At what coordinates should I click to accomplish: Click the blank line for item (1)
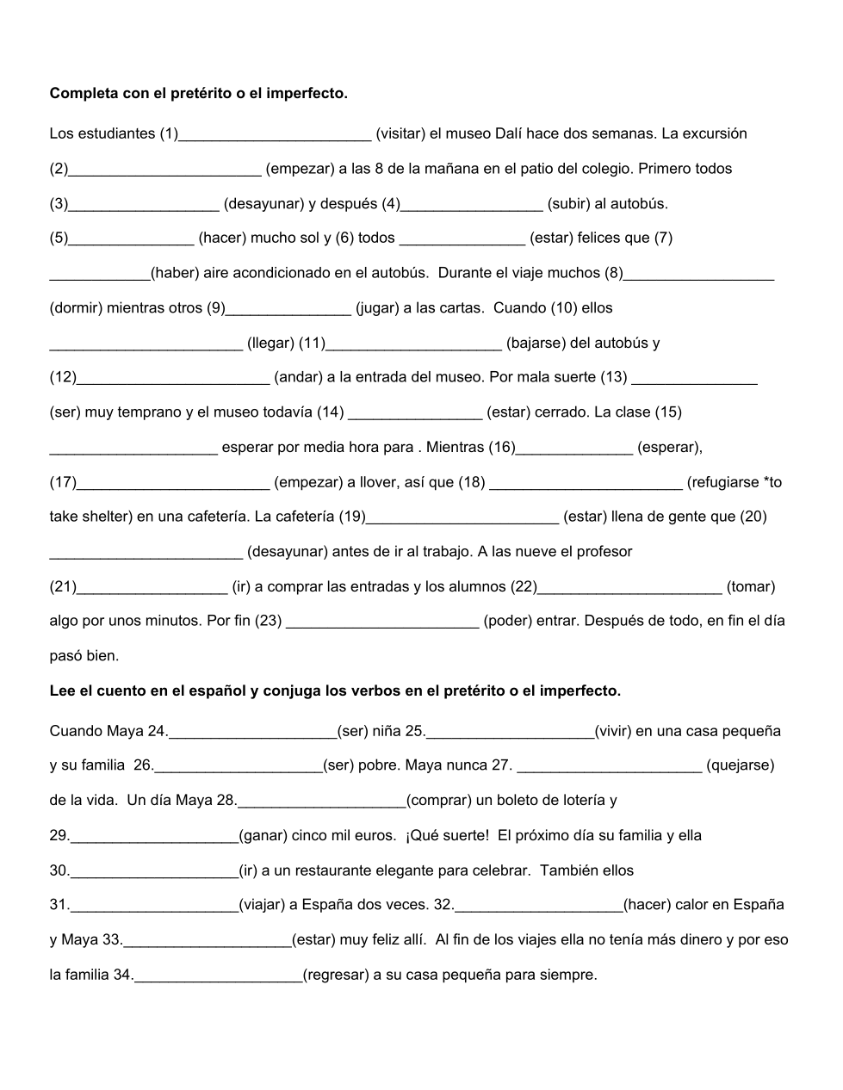(x=275, y=135)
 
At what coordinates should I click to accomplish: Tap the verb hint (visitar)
(x=400, y=133)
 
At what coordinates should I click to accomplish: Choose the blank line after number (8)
(x=698, y=275)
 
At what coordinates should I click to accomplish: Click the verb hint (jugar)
(x=376, y=308)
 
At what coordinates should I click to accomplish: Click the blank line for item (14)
(x=414, y=414)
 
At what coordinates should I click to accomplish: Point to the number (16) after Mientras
(x=501, y=447)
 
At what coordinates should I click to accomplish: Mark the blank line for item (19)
(x=462, y=519)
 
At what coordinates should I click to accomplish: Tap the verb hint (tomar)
(x=751, y=586)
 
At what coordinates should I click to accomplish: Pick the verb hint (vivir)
(x=624, y=731)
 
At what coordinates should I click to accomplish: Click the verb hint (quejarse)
(x=740, y=765)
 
